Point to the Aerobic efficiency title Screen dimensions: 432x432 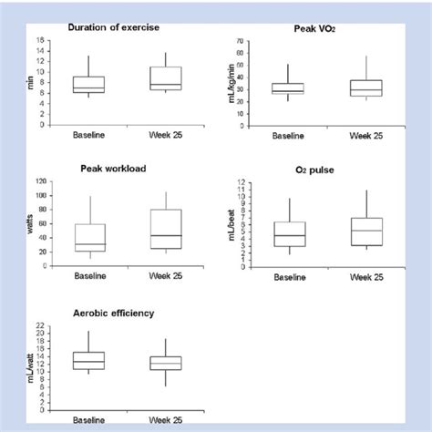[112, 312]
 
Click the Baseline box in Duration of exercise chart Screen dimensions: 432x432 [89, 85]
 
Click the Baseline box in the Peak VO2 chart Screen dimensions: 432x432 [288, 89]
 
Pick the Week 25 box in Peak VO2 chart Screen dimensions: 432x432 [366, 87]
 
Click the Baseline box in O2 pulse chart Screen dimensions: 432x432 [288, 234]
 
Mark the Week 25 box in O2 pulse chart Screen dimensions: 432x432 [366, 231]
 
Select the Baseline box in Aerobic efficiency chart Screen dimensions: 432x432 [89, 360]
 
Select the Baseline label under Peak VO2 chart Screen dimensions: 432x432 [288, 134]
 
